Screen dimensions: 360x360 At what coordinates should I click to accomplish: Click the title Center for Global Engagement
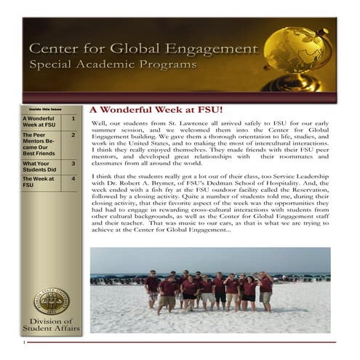[x=143, y=49]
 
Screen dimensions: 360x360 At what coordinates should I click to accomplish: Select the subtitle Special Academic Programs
[x=113, y=65]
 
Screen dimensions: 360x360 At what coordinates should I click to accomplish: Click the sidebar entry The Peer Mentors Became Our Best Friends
[x=40, y=144]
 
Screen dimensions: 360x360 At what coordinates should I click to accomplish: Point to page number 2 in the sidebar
[x=73, y=135]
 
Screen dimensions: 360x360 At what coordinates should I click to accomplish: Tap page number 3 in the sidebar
[x=73, y=164]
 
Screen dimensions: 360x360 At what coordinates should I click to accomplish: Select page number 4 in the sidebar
[x=73, y=179]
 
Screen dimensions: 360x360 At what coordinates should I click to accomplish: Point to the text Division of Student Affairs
[x=51, y=326]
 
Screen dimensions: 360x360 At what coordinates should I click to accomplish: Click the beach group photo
[x=209, y=280]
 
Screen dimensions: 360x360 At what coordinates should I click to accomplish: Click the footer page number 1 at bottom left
[x=25, y=342]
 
